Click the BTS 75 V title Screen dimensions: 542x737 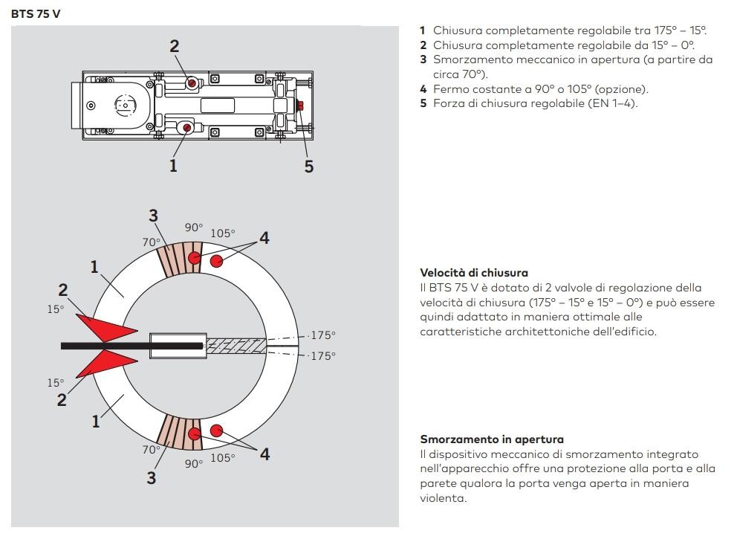pyautogui.click(x=36, y=13)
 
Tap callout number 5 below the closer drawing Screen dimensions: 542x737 pyautogui.click(x=309, y=166)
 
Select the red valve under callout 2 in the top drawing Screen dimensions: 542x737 pyautogui.click(x=192, y=83)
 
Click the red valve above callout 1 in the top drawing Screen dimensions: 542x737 pyautogui.click(x=186, y=129)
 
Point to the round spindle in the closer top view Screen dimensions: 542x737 pyautogui.click(x=123, y=106)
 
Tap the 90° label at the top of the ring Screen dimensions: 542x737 pyautogui.click(x=194, y=228)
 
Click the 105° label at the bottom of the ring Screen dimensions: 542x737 pyautogui.click(x=222, y=458)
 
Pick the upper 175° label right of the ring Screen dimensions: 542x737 pyautogui.click(x=323, y=335)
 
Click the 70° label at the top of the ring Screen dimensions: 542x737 pyautogui.click(x=152, y=242)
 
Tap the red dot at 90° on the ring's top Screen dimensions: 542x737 pyautogui.click(x=195, y=258)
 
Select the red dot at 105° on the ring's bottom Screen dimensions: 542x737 pyautogui.click(x=217, y=430)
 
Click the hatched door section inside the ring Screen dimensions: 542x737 pyautogui.click(x=236, y=346)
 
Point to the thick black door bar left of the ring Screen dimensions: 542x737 pyautogui.click(x=104, y=346)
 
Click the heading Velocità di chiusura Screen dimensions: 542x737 pyautogui.click(x=474, y=273)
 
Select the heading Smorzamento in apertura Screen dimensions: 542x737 pyautogui.click(x=492, y=439)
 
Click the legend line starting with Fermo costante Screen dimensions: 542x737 pyautogui.click(x=533, y=89)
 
